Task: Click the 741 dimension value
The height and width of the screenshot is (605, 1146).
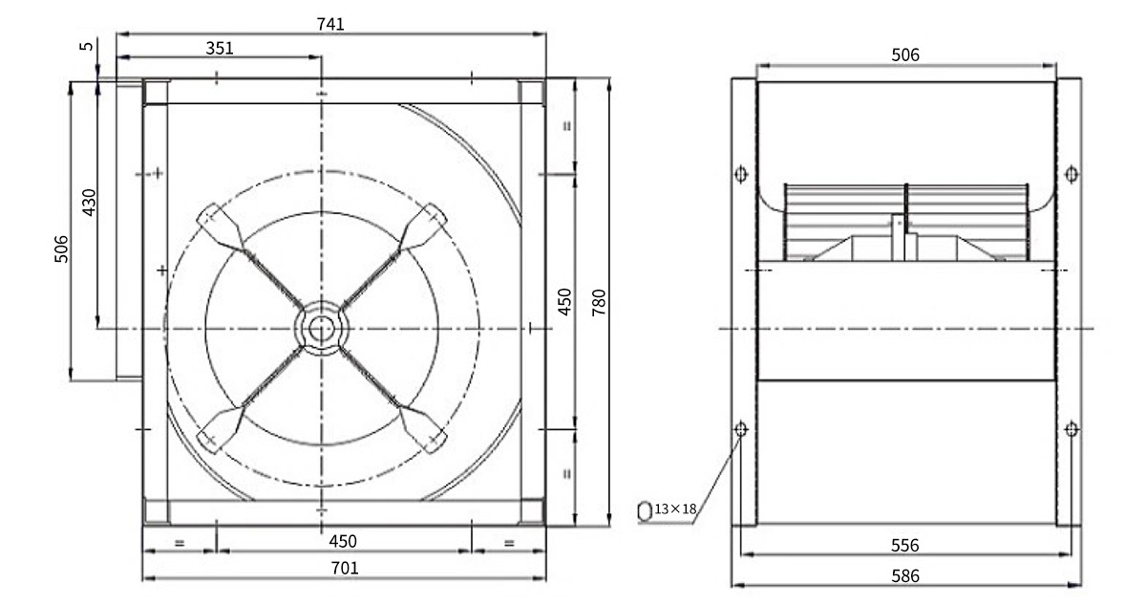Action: (330, 24)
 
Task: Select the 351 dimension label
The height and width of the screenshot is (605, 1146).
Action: (220, 48)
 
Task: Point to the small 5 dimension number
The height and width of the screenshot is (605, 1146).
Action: (87, 46)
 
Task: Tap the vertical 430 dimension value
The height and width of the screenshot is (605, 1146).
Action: (89, 203)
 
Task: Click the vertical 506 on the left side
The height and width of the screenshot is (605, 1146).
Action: (61, 249)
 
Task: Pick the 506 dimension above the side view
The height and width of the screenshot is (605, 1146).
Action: (905, 54)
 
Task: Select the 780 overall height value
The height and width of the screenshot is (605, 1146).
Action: (599, 302)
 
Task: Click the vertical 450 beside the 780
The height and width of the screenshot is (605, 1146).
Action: (564, 302)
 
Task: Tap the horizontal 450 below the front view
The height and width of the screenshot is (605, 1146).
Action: (343, 542)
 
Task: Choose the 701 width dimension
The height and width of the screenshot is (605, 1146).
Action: (345, 568)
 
